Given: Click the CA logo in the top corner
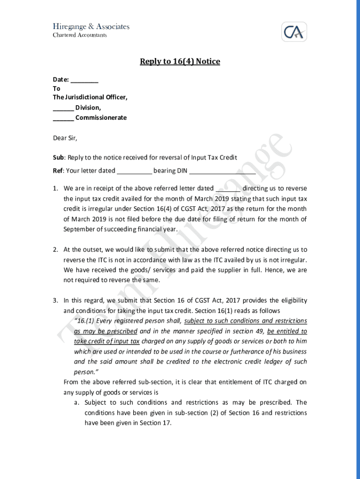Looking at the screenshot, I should (294, 32).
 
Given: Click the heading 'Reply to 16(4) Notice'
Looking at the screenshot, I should (180, 61).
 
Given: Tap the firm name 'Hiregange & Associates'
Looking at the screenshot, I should (91, 27).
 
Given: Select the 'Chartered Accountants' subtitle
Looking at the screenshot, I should (79, 35).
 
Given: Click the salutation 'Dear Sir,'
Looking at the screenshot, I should (65, 138).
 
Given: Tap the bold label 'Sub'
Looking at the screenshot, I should (58, 158).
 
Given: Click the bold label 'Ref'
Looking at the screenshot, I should (58, 171).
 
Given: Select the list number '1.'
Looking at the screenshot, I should (55, 189).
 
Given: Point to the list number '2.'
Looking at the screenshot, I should (55, 250).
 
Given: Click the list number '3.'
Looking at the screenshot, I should (55, 301).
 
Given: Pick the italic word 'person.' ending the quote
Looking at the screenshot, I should (85, 372).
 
